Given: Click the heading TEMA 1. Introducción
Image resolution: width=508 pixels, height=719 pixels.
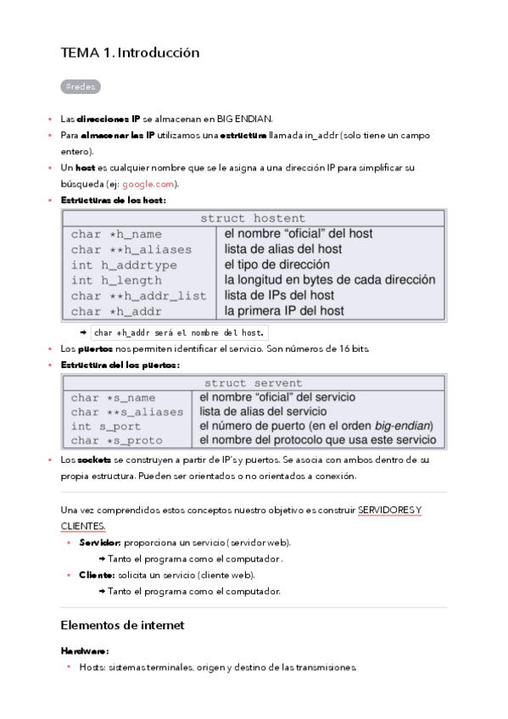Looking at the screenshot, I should (130, 53).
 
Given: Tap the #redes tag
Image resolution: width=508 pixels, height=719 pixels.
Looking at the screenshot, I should (81, 86).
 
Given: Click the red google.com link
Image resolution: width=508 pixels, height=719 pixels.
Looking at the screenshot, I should (148, 184).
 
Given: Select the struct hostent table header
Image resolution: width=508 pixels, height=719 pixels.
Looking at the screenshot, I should (252, 218).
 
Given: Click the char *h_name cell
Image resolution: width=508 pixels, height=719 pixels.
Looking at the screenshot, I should (116, 233).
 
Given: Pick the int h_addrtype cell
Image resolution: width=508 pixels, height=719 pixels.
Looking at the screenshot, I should (124, 265).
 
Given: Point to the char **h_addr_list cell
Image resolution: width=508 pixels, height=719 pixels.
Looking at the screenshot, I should (138, 296).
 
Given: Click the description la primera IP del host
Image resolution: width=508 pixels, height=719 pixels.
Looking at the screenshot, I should (284, 311).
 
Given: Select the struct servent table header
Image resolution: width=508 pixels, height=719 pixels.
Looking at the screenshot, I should (253, 383).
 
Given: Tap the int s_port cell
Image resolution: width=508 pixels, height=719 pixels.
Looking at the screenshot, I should (106, 426).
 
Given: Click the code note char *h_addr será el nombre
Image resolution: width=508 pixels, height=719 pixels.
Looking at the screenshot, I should (180, 332).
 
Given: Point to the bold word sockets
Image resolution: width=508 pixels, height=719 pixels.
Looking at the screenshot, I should (94, 460).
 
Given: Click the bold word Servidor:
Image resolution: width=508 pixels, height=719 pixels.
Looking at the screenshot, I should (101, 542).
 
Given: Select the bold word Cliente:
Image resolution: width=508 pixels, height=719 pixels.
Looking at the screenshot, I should (97, 575).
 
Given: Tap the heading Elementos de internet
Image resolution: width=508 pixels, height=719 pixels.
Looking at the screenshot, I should (122, 626).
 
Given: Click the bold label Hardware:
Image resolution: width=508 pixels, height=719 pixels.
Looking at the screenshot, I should (85, 651).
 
